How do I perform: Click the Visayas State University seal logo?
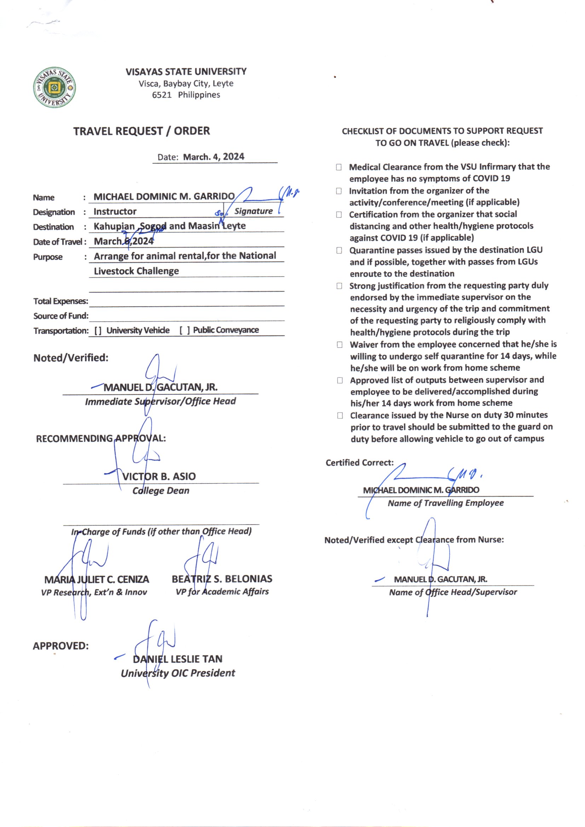point(54,87)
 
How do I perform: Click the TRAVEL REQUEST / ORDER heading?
point(141,131)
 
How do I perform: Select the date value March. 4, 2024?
point(214,157)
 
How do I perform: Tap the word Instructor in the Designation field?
point(115,212)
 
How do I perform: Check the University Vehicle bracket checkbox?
point(98,331)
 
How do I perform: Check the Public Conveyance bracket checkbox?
point(184,330)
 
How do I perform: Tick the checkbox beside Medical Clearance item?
point(338,167)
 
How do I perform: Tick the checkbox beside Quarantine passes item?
point(339,250)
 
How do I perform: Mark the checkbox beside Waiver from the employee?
point(339,345)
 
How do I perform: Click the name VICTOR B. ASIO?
point(159,476)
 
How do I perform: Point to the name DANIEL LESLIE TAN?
point(178,659)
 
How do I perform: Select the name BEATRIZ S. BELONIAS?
point(222,579)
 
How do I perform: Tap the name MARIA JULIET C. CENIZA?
point(97,579)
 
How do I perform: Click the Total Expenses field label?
point(60,301)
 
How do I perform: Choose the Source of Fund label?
point(60,316)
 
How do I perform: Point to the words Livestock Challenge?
point(136,271)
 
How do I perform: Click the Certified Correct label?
point(359,463)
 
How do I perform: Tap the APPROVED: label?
point(60,646)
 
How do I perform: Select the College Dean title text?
point(161,491)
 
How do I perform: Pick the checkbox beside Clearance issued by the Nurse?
point(340,416)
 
